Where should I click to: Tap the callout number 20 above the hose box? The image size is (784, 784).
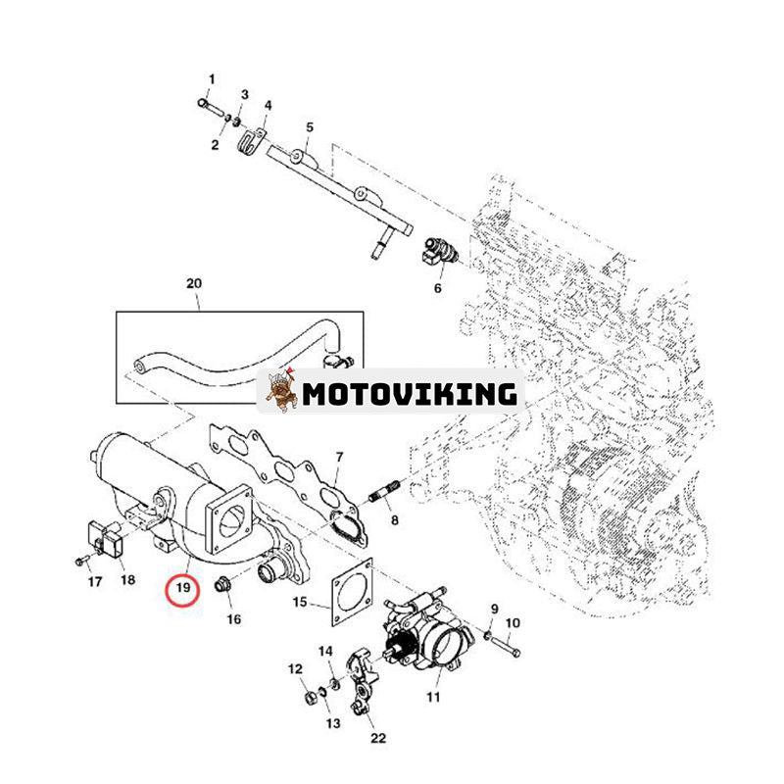pyautogui.click(x=193, y=284)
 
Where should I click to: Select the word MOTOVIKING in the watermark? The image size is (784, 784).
pyautogui.click(x=410, y=394)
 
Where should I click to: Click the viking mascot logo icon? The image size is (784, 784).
pyautogui.click(x=280, y=393)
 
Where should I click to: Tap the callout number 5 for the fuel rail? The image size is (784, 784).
pyautogui.click(x=310, y=127)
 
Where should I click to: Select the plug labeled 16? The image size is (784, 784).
pyautogui.click(x=223, y=587)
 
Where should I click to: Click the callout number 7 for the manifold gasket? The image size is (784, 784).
pyautogui.click(x=339, y=457)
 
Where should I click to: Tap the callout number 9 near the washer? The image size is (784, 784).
pyautogui.click(x=494, y=609)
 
